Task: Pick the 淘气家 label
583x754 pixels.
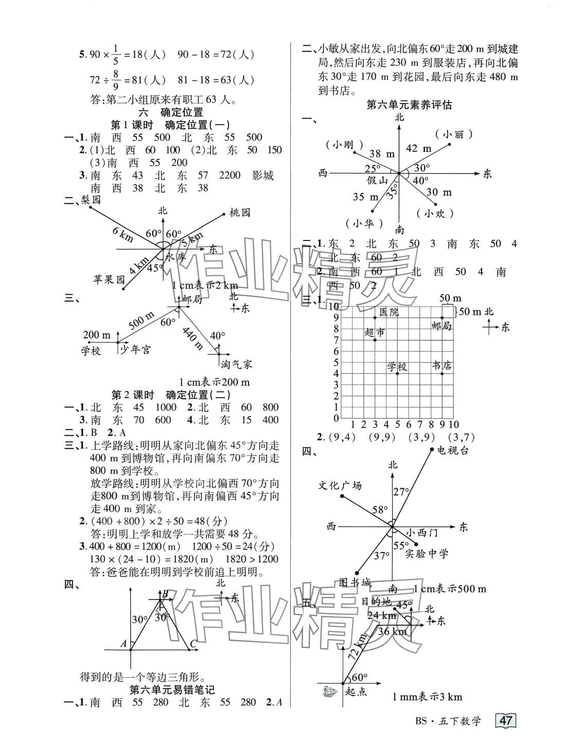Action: tap(237, 364)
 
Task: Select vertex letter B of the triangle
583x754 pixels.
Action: tap(165, 595)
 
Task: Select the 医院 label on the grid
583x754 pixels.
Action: tap(388, 311)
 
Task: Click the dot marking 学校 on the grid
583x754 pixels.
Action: tap(397, 373)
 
